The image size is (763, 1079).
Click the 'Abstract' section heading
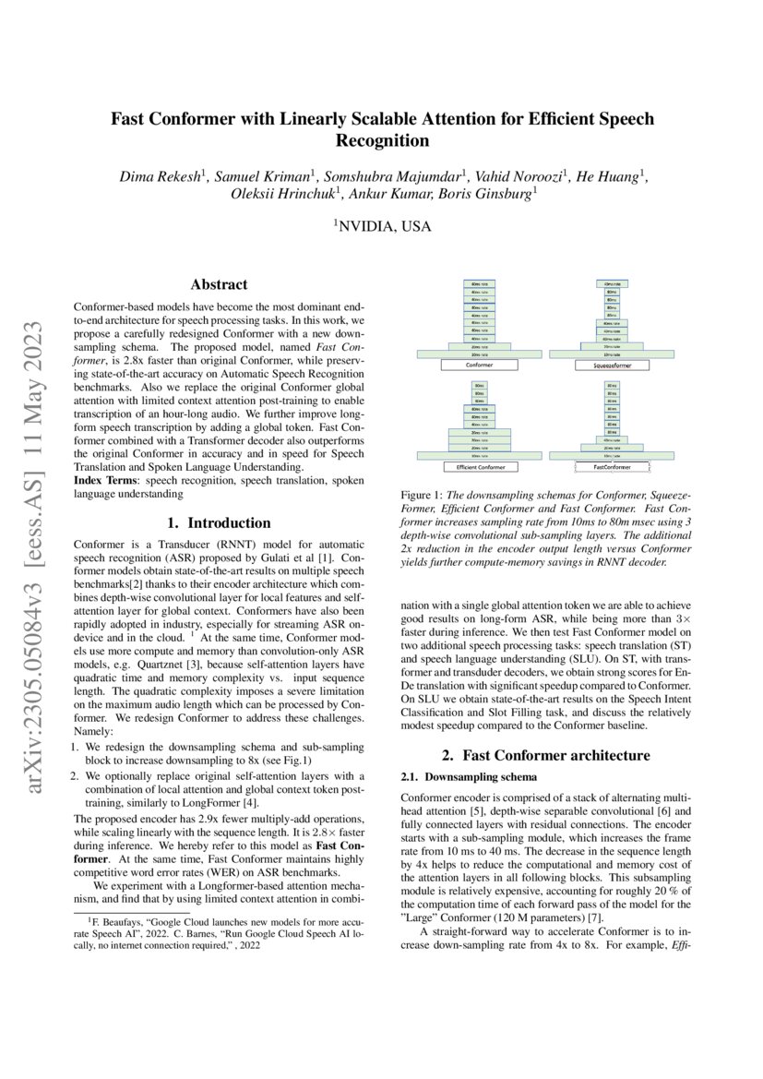tap(219, 285)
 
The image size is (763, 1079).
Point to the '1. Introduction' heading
tap(219, 522)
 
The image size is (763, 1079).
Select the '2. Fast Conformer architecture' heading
tap(545, 755)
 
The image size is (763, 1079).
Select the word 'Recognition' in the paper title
tap(382, 141)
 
